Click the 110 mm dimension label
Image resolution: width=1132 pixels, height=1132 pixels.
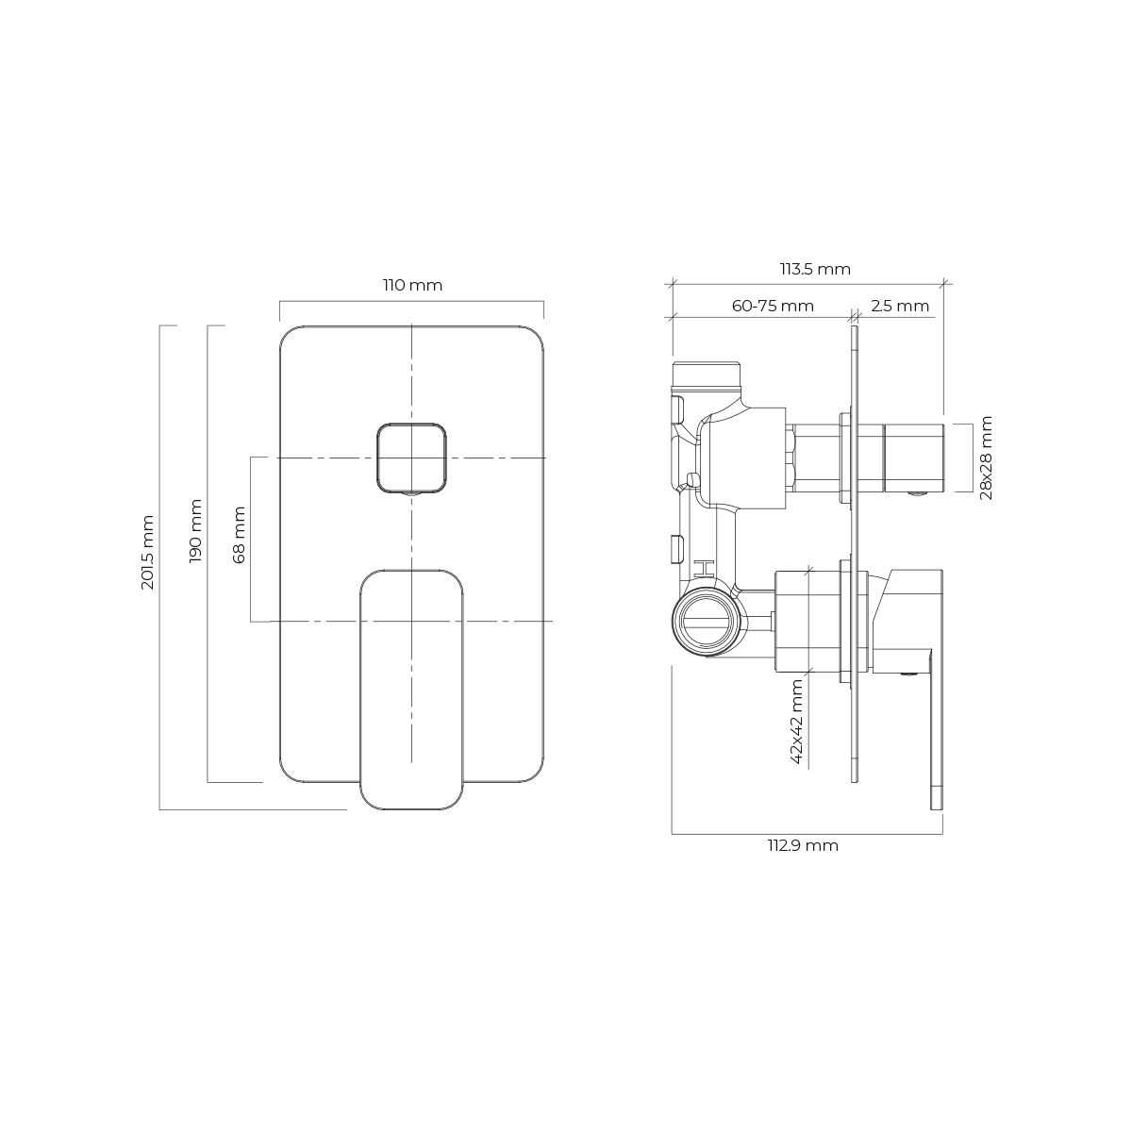tap(412, 286)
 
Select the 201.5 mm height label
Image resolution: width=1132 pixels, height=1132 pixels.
tap(148, 552)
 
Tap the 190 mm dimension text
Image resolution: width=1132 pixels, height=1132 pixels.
tap(195, 531)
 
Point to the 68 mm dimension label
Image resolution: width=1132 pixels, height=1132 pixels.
tap(239, 535)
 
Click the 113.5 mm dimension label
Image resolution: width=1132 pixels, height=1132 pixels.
tap(815, 269)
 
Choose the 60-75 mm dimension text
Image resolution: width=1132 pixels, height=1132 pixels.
tap(773, 306)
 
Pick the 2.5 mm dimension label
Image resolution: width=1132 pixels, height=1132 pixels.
tap(899, 306)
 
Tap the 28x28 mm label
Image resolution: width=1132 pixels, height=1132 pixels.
tap(987, 458)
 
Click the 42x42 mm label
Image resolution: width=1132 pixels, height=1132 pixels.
tap(797, 722)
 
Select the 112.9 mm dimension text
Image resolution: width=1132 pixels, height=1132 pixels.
tap(803, 846)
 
